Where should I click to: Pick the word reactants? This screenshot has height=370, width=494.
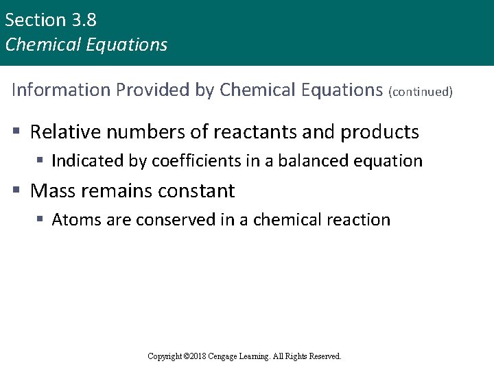(259, 132)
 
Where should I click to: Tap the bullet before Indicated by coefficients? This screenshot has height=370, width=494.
(40, 161)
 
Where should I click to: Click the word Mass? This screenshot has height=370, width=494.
(53, 190)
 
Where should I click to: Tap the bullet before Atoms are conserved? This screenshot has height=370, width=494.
(40, 220)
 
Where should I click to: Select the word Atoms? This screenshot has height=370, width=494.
(72, 220)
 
